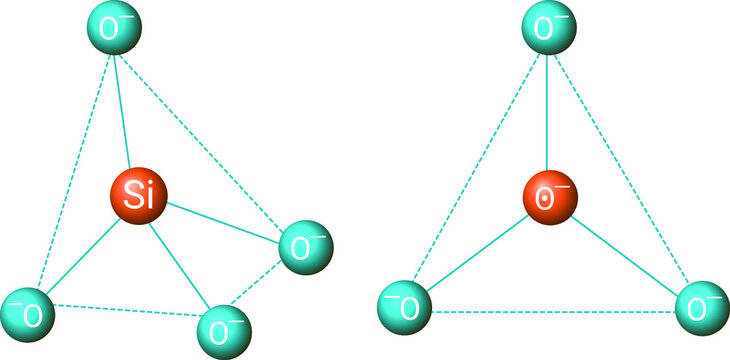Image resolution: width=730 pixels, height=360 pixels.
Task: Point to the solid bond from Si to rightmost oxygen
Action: pyautogui.click(x=222, y=221)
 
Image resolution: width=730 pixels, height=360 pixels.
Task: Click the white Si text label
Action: pyautogui.click(x=139, y=196)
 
